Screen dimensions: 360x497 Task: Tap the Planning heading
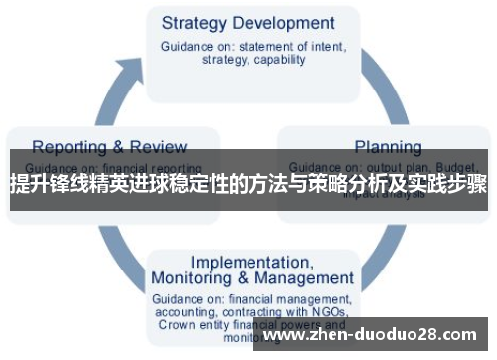pos(388,146)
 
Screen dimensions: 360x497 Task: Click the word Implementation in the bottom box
pos(250,262)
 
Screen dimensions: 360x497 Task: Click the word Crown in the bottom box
pos(176,324)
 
